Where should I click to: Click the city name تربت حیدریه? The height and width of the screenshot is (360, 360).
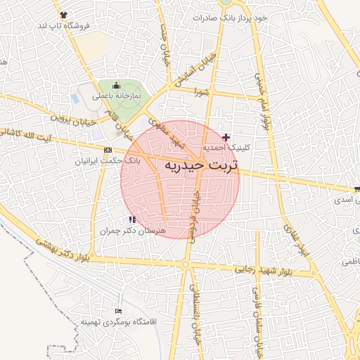(x=202, y=166)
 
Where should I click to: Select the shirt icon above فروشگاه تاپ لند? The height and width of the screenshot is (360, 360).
(x=64, y=14)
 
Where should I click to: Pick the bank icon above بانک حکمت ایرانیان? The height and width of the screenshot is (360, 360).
(x=107, y=150)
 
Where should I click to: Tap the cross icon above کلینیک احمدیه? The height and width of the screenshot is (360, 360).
(x=226, y=137)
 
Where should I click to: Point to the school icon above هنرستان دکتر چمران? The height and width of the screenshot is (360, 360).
(x=134, y=219)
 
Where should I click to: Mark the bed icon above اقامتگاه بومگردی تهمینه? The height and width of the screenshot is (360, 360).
(x=117, y=310)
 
